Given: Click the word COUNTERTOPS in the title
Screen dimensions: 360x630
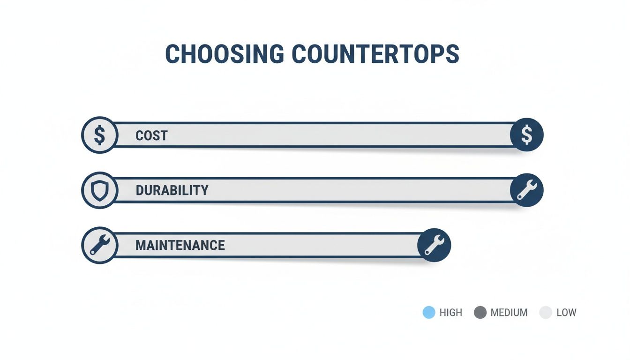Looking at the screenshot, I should (x=375, y=54).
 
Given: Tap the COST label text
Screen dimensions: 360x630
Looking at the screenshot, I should (x=151, y=136).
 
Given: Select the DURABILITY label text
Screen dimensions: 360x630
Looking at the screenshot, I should (x=172, y=190).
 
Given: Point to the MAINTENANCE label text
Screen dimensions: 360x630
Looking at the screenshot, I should (x=180, y=245).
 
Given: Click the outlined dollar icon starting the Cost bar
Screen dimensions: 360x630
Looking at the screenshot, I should (x=99, y=135).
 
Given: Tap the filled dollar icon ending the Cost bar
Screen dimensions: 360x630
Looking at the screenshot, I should (x=526, y=135).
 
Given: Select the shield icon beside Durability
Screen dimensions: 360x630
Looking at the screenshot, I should (x=99, y=190).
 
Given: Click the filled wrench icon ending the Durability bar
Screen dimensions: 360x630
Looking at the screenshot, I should (x=526, y=190).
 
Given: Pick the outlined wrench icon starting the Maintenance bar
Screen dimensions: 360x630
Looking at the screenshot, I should (x=99, y=245).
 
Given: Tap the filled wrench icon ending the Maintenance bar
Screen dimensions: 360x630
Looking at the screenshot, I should (x=434, y=245).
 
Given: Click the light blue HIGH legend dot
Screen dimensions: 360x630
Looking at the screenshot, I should (x=429, y=313).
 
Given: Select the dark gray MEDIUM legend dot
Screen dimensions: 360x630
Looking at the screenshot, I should (x=480, y=313).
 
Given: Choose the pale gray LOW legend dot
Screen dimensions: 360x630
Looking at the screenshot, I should (x=546, y=313).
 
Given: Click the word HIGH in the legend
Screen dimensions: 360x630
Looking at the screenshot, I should (x=451, y=313).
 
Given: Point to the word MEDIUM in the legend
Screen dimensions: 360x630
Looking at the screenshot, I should (x=509, y=313).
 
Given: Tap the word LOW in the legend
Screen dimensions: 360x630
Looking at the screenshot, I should (x=566, y=313).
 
